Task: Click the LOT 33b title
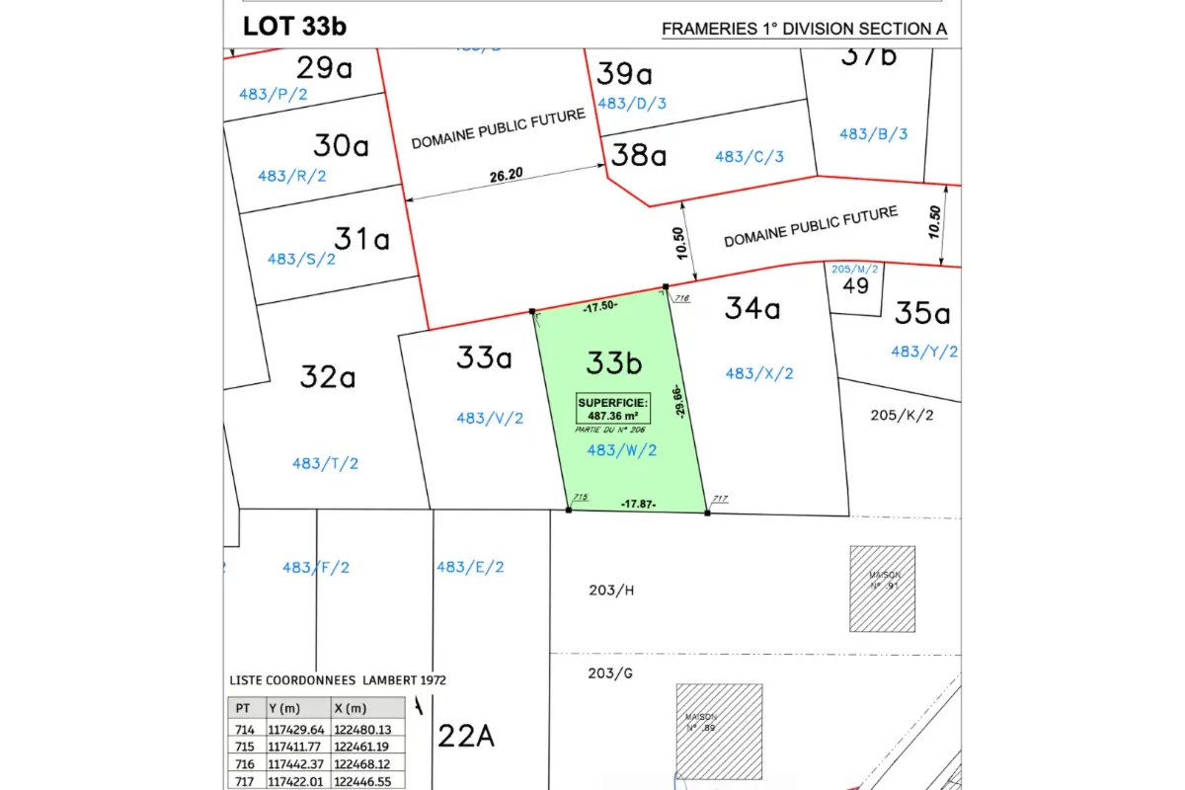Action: pyautogui.click(x=294, y=26)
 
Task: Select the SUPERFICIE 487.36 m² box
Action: pyautogui.click(x=613, y=408)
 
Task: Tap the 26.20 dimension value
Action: pyautogui.click(x=505, y=176)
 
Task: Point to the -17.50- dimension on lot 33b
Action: pyautogui.click(x=599, y=306)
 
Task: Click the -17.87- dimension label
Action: pyautogui.click(x=638, y=504)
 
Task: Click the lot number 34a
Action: pyautogui.click(x=752, y=309)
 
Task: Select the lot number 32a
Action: pyautogui.click(x=327, y=376)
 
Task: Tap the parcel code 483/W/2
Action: pyautogui.click(x=621, y=450)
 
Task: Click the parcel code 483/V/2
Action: pyautogui.click(x=490, y=418)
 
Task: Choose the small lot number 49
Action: pyautogui.click(x=855, y=286)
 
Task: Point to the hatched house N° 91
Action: pyautogui.click(x=882, y=589)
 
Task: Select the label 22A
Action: pyautogui.click(x=465, y=736)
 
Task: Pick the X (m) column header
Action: pyautogui.click(x=353, y=708)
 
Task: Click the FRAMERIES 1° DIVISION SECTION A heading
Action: pyautogui.click(x=804, y=29)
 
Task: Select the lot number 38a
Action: pyautogui.click(x=639, y=155)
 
